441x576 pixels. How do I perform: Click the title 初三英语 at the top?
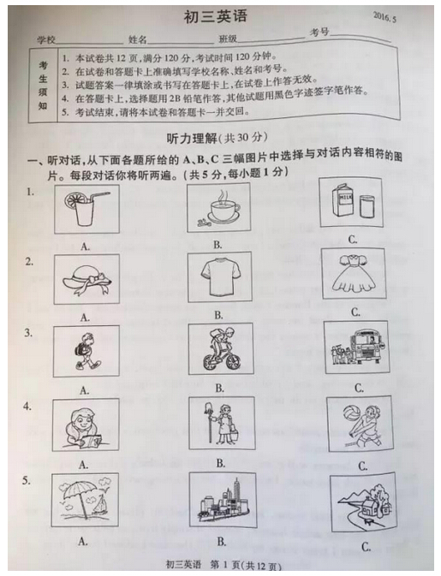click(215, 16)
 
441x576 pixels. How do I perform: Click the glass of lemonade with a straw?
click(85, 208)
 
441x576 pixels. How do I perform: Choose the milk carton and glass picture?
click(351, 203)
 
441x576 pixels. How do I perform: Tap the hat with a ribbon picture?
click(86, 280)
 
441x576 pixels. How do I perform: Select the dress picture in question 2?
click(352, 273)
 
